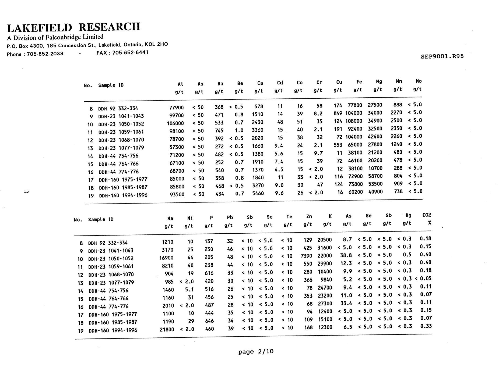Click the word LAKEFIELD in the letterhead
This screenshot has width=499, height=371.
coord(40,28)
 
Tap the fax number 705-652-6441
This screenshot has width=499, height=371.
coord(130,52)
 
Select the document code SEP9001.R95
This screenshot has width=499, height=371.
coord(442,56)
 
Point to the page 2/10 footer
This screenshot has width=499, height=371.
coord(256,351)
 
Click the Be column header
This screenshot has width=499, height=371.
coord(240,84)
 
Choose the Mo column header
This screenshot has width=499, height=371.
coord(419,81)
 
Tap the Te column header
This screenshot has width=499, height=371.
coord(289,217)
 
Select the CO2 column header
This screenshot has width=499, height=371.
coord(427,215)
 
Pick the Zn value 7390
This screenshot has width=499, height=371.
coord(307,256)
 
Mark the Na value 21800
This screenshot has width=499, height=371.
coord(167,329)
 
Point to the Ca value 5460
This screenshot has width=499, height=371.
coord(258,193)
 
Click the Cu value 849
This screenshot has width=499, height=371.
coord(338,113)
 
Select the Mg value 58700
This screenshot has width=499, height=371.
coord(375,176)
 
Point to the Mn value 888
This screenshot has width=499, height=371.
coord(398,105)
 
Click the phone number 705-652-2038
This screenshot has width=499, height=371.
coord(45,54)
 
